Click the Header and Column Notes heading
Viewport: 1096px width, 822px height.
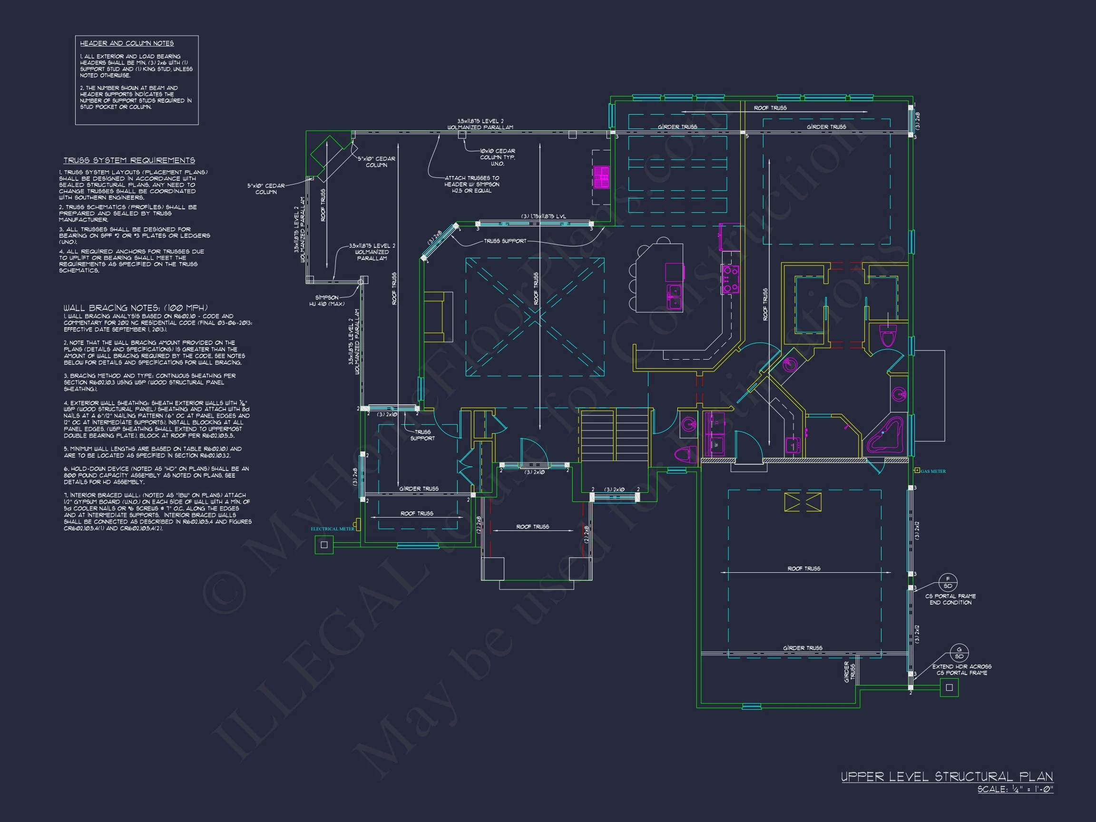[127, 44]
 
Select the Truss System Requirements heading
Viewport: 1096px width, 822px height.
[129, 160]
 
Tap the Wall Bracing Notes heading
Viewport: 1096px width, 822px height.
[135, 308]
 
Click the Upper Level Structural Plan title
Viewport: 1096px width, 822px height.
[947, 776]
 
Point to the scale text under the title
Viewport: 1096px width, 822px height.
[1015, 789]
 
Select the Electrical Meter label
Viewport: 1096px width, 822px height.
[333, 528]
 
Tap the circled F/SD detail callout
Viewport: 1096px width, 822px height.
[949, 582]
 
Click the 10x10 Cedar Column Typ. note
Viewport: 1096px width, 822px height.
[497, 157]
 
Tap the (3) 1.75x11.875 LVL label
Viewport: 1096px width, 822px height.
[543, 216]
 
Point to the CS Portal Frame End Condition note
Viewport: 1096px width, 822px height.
[950, 599]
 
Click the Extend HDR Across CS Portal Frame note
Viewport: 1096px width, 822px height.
[961, 669]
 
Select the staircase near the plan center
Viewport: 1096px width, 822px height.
[615, 434]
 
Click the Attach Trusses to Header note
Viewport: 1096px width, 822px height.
[472, 184]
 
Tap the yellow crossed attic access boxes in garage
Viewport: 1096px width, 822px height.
[802, 502]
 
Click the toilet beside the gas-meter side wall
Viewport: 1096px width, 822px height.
[888, 337]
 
